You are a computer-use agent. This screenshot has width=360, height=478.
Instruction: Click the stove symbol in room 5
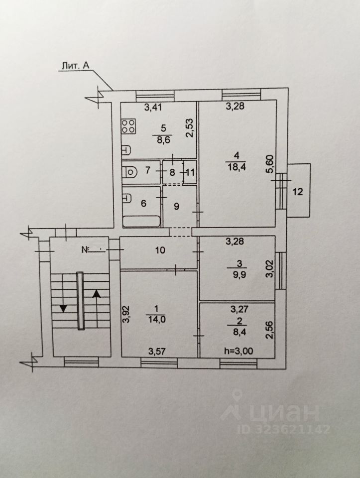(128, 125)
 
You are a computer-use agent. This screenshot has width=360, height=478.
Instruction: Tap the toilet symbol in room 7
(130, 172)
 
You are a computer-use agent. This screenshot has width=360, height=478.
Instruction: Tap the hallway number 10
(159, 250)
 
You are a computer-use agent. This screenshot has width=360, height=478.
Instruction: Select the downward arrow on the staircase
(63, 307)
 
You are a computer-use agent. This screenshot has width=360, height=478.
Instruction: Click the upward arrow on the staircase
(96, 293)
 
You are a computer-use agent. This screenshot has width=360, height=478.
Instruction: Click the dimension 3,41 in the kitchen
(154, 107)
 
